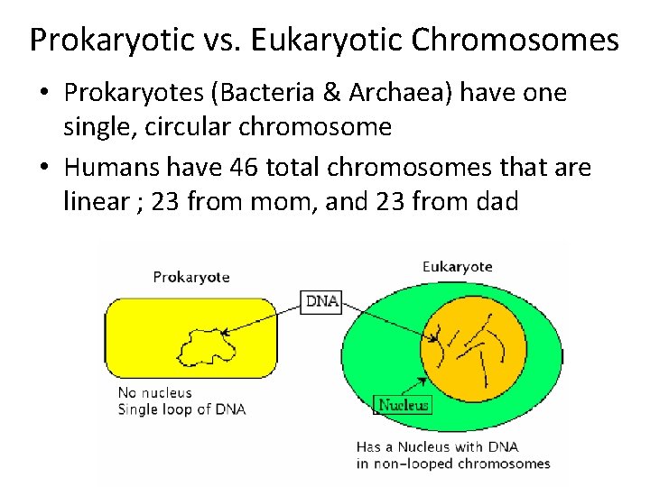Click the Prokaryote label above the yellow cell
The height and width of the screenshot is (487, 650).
click(191, 277)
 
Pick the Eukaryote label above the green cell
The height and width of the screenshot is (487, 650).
click(457, 266)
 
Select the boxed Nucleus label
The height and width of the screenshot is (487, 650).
click(403, 405)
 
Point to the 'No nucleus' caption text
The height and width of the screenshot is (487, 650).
click(155, 393)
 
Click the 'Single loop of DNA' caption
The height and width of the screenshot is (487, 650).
click(181, 409)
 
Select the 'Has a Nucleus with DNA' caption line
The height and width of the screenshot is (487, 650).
click(438, 446)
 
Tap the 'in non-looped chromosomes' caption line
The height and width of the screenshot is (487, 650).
click(452, 464)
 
